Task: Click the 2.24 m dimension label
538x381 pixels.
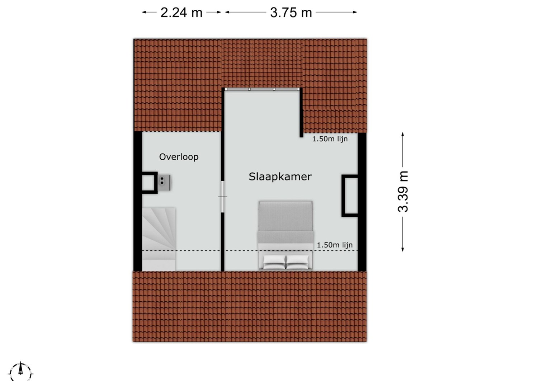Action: (x=181, y=13)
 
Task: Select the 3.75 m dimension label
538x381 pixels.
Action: (x=291, y=13)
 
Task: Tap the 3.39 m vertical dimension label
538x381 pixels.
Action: (x=403, y=192)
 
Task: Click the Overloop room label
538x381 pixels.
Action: (x=179, y=157)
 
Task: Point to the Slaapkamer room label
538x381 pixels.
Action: (x=280, y=177)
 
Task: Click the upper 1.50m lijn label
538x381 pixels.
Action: (x=330, y=139)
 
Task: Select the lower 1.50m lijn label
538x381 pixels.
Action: (x=335, y=245)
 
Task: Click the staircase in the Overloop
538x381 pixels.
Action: (x=159, y=239)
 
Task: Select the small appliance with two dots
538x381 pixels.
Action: (x=164, y=182)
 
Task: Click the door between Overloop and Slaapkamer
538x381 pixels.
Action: (x=223, y=197)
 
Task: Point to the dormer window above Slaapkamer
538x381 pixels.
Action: (x=262, y=89)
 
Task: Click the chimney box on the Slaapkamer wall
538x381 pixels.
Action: (x=350, y=196)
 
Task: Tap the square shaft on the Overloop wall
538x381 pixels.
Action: (x=150, y=183)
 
